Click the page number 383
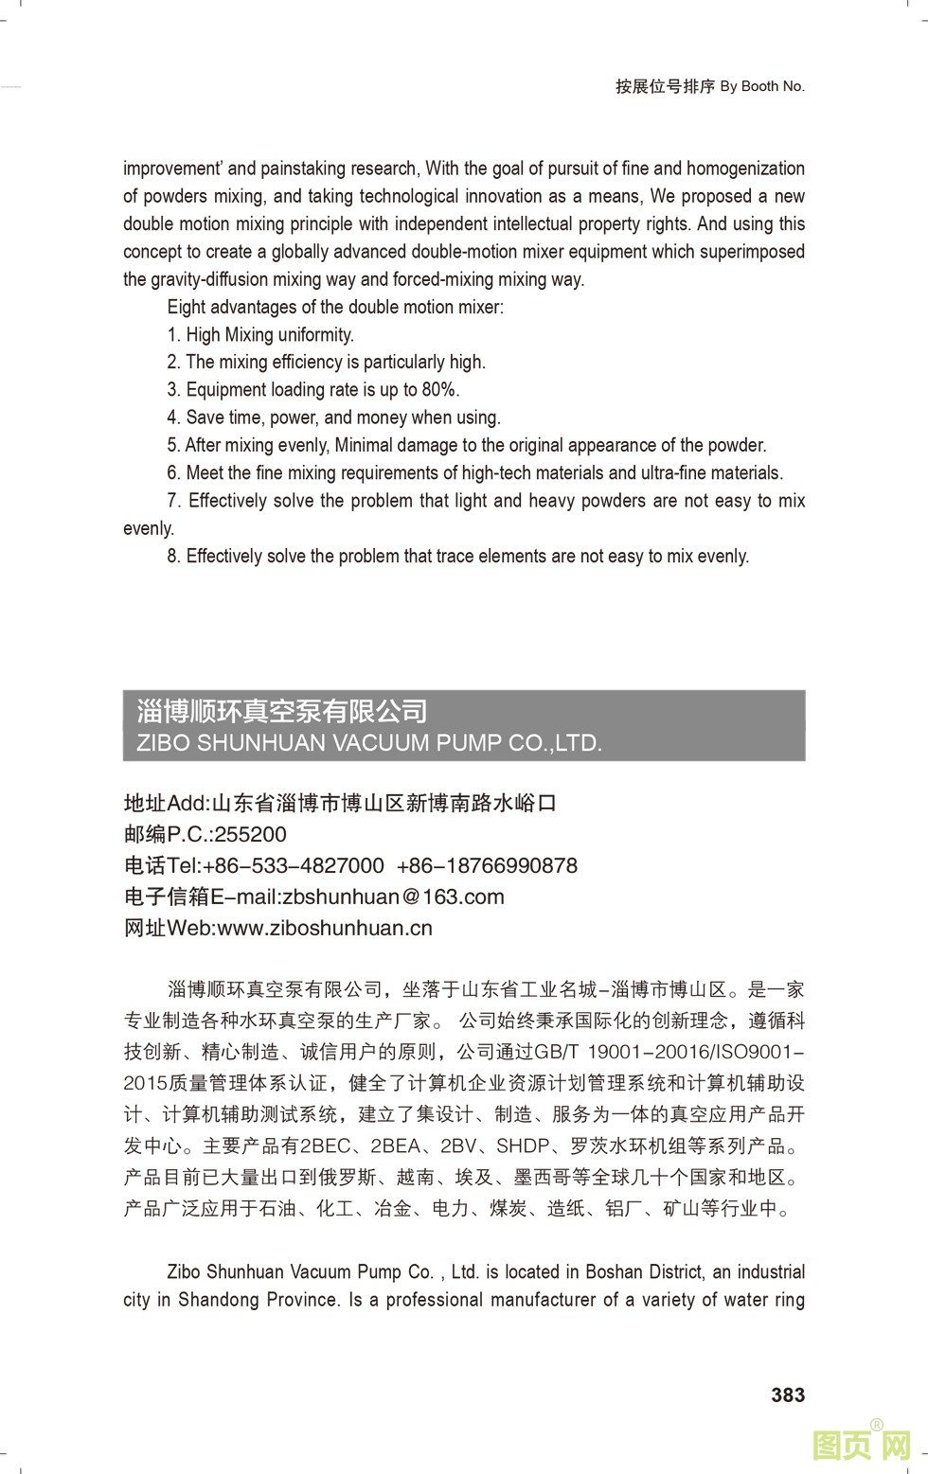tap(788, 1394)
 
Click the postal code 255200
tap(250, 834)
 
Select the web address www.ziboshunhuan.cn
tap(325, 928)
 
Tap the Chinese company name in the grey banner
tap(281, 710)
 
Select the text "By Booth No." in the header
tap(762, 86)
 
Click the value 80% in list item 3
tap(439, 389)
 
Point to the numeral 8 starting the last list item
tap(172, 556)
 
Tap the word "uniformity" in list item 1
tap(315, 334)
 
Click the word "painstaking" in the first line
tap(303, 169)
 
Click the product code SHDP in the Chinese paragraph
tap(523, 1145)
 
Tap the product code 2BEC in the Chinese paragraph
tap(324, 1145)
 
